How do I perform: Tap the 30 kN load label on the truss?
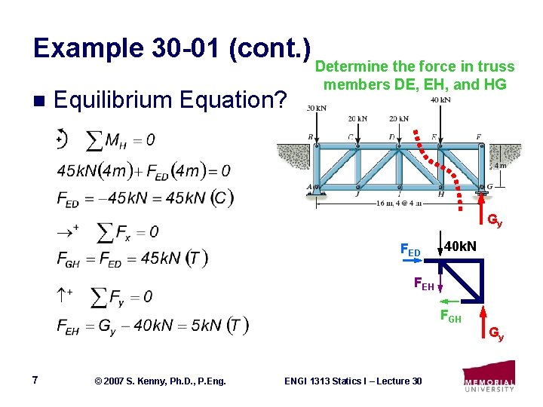click(315, 108)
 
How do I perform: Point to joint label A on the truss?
click(308, 188)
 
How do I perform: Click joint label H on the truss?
click(440, 194)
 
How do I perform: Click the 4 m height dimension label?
click(499, 166)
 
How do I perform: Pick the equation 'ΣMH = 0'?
click(121, 140)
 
